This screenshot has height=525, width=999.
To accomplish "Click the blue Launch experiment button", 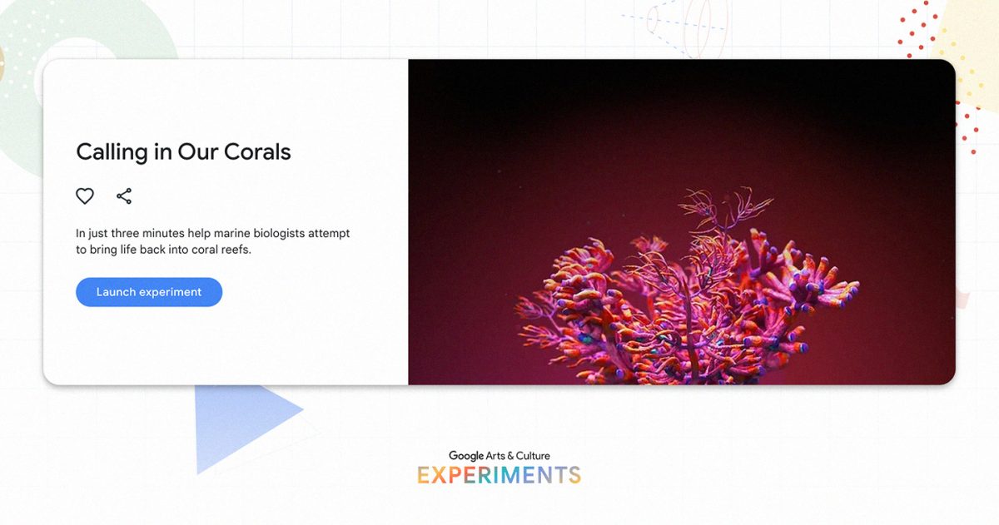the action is tap(149, 292).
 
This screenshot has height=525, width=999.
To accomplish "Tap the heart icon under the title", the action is tap(85, 196).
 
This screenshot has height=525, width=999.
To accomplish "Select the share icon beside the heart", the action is tap(124, 196).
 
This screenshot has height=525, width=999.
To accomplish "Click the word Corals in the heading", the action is tap(257, 152).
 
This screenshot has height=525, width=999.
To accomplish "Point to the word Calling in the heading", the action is tap(112, 153).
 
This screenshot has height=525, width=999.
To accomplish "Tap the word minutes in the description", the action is tap(163, 233).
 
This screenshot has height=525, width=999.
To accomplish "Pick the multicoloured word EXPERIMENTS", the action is tap(499, 475).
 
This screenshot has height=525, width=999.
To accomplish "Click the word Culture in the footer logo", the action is tap(533, 456).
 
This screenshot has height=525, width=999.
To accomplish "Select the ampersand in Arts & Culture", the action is tap(510, 456).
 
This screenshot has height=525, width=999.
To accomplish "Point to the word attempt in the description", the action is tap(329, 234).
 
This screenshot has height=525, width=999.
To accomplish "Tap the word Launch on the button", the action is tap(116, 292).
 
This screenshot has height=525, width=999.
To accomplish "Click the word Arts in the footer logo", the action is tap(495, 456).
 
